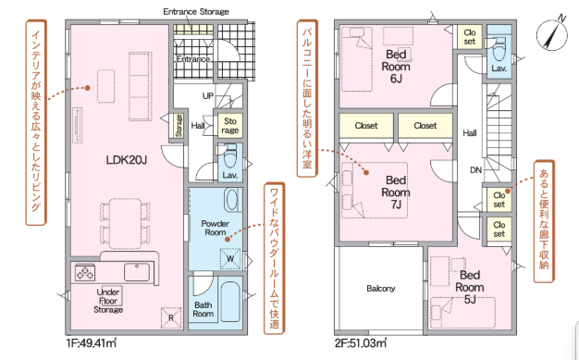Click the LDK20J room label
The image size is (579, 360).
click(127, 160)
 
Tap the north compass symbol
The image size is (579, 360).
click(552, 34)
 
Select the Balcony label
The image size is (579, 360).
click(381, 289)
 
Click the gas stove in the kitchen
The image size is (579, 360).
click(85, 273)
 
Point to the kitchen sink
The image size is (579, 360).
click(137, 272)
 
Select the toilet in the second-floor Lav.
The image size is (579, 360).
click(499, 47)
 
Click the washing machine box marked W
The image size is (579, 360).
click(230, 258)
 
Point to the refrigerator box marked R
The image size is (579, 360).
click(171, 317)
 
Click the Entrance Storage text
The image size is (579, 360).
click(196, 12)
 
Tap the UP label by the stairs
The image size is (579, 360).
click(208, 96)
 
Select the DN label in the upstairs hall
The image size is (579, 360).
click(475, 170)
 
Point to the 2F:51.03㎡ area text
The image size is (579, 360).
click(361, 343)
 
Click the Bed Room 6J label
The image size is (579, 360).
click(396, 67)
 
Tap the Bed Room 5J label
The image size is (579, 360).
click(470, 287)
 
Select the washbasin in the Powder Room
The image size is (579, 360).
click(233, 200)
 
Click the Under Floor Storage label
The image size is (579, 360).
click(108, 301)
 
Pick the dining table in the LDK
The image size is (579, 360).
click(125, 223)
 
